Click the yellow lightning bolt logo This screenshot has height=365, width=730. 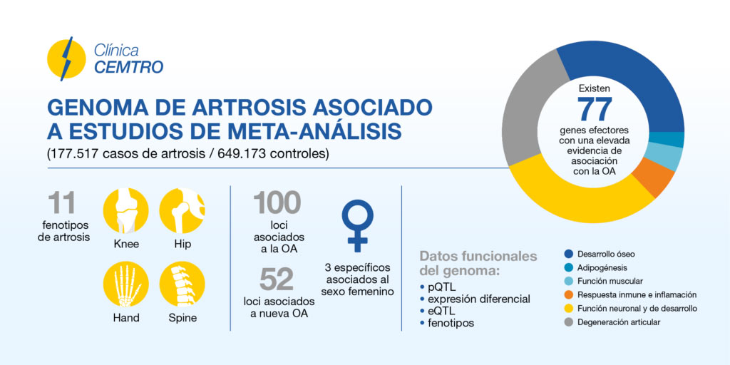click(66, 59)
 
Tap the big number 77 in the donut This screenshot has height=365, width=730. click(595, 110)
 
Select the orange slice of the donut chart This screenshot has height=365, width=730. click(657, 177)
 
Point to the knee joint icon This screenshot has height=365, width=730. click(125, 210)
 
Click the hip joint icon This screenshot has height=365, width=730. click(182, 210)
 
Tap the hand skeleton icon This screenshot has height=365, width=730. click(125, 284)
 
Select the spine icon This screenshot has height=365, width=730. click(182, 284)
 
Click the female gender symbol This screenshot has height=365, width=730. click(357, 226)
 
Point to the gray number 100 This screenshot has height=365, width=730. click(277, 202)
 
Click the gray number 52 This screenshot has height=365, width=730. click(277, 279)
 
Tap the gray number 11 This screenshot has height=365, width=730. click(61, 202)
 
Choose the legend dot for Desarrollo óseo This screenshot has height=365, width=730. click(568, 255)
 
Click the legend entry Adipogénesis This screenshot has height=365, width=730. click(595, 268)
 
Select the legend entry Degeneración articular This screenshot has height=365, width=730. click(612, 322)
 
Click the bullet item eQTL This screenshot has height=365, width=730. click(438, 311)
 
